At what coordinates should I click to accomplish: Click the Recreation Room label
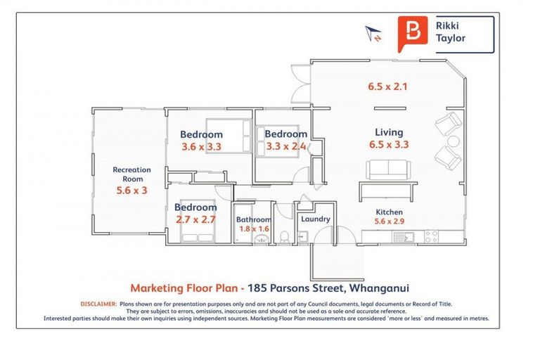point(132,174)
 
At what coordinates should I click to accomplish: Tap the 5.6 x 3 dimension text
point(131,190)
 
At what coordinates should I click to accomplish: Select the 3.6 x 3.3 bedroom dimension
point(202,147)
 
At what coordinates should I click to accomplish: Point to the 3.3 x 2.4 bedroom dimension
point(286,146)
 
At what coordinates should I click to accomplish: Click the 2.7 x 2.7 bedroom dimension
point(195,219)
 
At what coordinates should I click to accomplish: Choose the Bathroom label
point(254,219)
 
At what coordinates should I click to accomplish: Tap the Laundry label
point(316,219)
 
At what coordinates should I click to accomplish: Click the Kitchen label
point(389,212)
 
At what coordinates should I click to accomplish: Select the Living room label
point(389,132)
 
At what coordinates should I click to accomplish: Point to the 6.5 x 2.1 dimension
point(388,86)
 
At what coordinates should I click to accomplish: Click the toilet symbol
point(285,237)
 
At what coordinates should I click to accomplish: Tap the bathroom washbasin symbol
point(262,238)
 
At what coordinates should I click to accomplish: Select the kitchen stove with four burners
point(431,237)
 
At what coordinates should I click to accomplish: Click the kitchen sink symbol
point(404,237)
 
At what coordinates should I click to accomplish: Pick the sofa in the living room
point(388,170)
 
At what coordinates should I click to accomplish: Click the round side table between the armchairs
point(453,141)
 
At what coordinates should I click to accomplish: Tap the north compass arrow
point(373,34)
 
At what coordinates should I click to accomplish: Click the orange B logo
point(413,34)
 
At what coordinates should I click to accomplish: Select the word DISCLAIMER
point(99,304)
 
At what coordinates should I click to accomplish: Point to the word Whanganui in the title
point(379,288)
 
